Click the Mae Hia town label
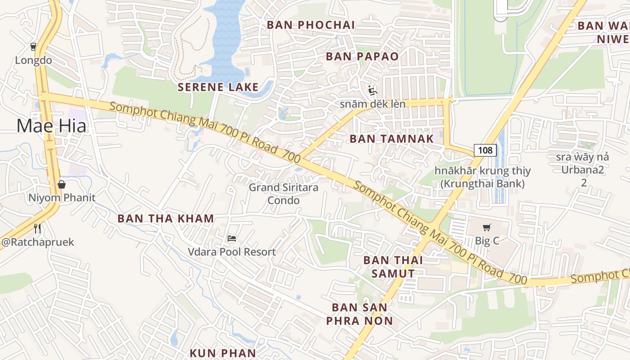pos(51,126)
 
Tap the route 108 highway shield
pos(485,150)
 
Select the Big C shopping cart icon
pos(486,228)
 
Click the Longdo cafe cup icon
pos(33,46)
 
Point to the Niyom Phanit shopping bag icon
pos(62,184)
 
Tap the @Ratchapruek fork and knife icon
pos(37,229)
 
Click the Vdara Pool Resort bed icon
pos(232,238)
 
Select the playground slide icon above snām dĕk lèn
pos(372,91)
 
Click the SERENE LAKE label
pos(218,87)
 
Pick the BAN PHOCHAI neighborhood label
pos(311,25)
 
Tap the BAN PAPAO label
pos(362,56)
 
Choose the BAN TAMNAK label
pos(391,139)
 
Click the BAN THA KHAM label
pos(166,219)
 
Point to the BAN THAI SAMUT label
pos(393,266)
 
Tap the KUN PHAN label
pos(223,353)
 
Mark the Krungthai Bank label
pos(482,177)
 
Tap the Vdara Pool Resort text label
pos(232,252)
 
